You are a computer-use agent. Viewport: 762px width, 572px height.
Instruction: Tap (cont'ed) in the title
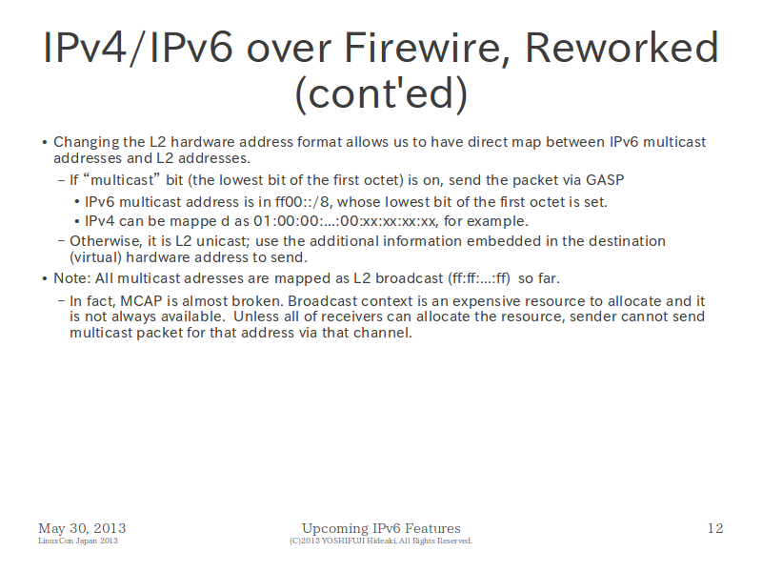point(381,93)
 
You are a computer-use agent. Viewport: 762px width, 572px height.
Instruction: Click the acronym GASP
point(605,180)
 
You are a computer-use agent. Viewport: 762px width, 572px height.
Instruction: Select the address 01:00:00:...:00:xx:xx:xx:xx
point(345,221)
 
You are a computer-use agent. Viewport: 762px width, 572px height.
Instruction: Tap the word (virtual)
point(95,257)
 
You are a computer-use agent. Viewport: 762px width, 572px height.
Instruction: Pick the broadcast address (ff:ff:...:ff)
point(479,278)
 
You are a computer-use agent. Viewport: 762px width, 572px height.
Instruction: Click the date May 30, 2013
point(82,528)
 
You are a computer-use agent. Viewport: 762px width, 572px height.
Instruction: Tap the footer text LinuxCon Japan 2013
point(78,541)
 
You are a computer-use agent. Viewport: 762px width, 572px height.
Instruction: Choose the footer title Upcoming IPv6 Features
point(381,528)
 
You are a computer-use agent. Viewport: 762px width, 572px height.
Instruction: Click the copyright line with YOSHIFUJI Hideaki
point(380,541)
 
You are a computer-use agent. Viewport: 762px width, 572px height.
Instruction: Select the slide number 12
point(715,528)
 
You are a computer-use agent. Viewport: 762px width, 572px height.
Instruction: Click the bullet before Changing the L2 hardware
point(44,142)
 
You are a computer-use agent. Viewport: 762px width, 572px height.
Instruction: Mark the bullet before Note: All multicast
point(44,278)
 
